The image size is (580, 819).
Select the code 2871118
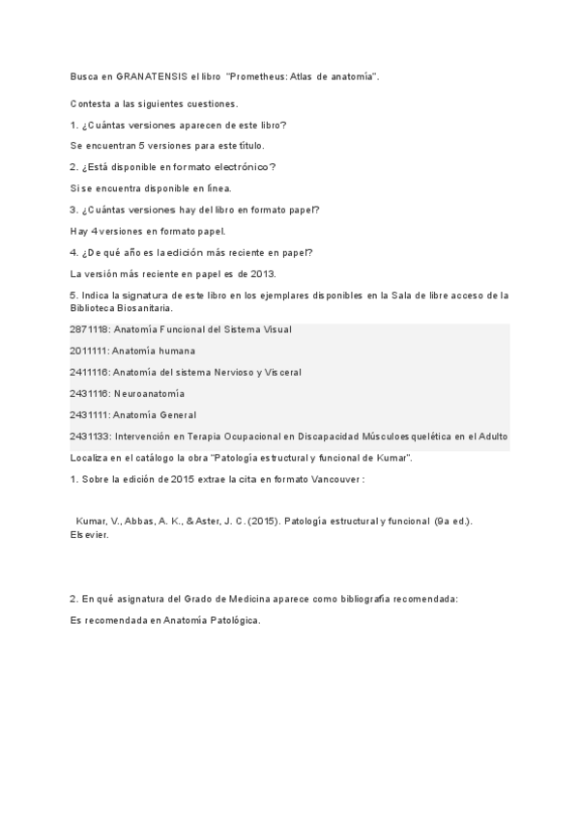(89, 329)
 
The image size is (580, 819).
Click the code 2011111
(89, 351)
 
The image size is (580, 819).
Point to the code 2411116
(89, 372)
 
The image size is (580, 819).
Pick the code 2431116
(89, 394)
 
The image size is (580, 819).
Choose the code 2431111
(89, 415)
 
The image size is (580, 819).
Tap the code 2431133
(89, 437)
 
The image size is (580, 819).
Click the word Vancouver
(334, 479)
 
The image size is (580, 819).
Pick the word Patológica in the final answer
(233, 620)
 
